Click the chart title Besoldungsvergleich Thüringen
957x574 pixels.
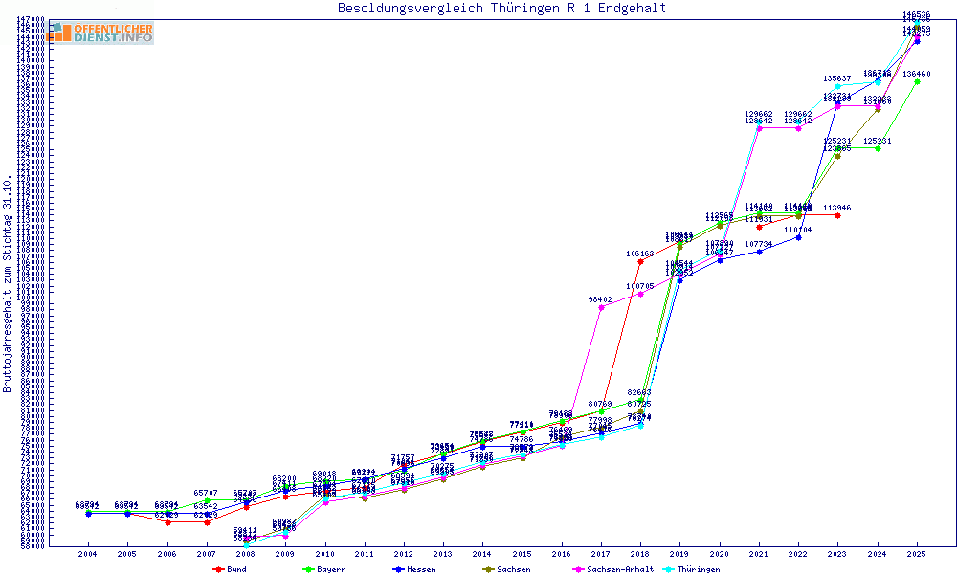point(501,9)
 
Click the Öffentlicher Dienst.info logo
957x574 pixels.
point(100,33)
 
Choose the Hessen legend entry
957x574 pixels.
point(415,569)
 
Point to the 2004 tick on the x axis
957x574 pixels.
point(88,554)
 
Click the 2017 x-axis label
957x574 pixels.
point(600,554)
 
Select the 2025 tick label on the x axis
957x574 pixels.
point(917,554)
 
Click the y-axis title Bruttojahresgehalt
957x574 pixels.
point(8,283)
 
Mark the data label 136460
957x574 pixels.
point(917,74)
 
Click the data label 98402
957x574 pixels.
point(600,299)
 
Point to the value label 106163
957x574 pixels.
point(640,254)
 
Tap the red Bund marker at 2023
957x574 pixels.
point(837,215)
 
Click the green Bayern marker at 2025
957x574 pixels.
point(917,81)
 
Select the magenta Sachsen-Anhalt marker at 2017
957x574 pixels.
point(600,307)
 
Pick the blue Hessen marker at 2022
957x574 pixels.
point(798,237)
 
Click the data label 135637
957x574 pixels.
point(837,78)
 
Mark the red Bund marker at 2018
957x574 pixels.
point(640,261)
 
